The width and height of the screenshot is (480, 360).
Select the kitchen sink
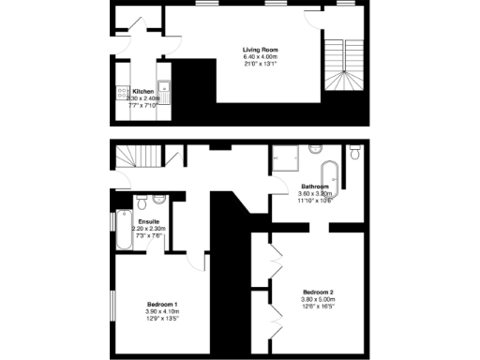163,91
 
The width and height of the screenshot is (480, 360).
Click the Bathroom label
314,187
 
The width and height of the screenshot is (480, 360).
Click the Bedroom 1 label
162,305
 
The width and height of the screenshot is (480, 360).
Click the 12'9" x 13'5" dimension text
162,320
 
